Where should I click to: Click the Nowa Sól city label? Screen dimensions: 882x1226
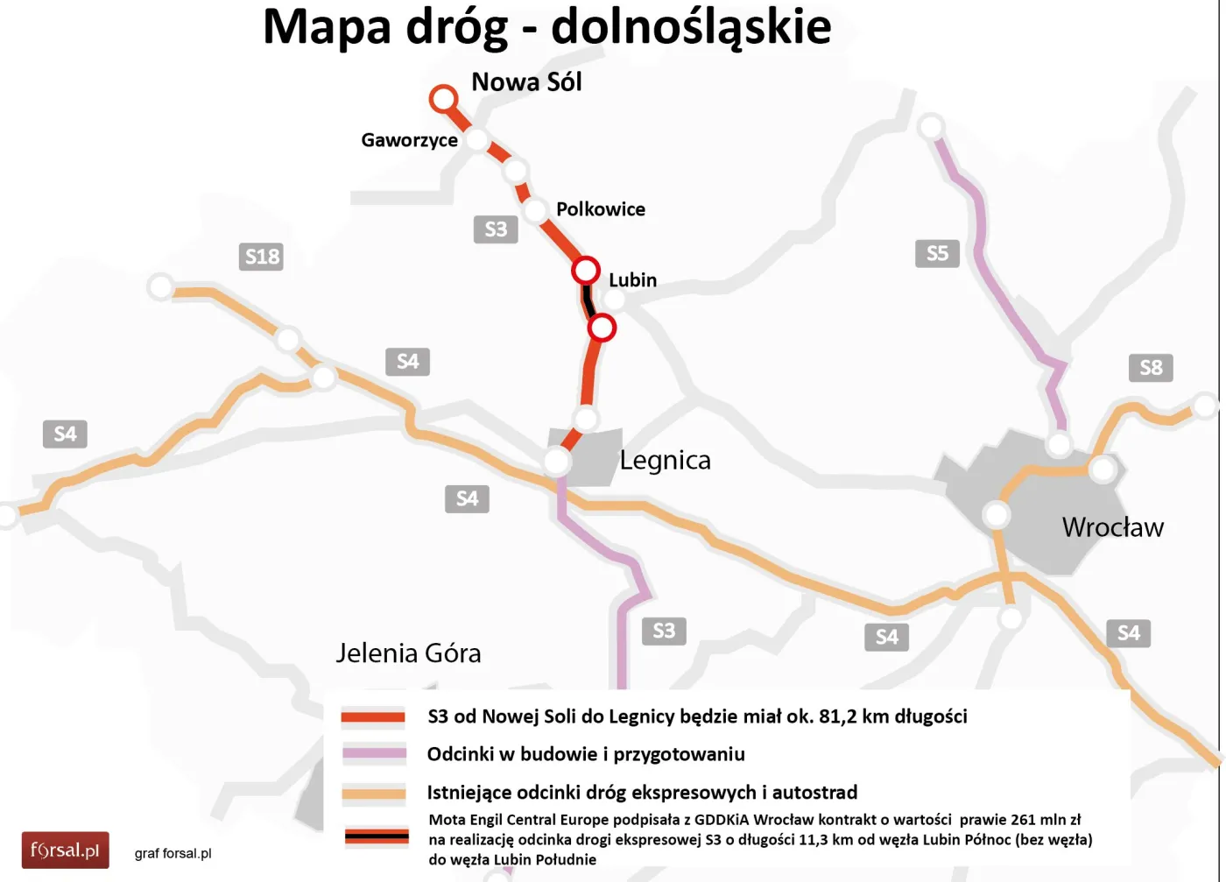[526, 82]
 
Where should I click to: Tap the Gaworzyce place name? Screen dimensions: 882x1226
[409, 140]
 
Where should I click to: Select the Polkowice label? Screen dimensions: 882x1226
[600, 209]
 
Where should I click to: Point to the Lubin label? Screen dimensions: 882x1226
[632, 280]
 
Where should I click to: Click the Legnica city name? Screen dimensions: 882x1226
[665, 461]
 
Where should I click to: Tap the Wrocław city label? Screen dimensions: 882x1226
[1112, 527]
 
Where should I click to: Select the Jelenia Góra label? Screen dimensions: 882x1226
[408, 653]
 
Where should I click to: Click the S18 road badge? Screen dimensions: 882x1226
[262, 257]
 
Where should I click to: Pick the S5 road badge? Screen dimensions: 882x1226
[937, 253]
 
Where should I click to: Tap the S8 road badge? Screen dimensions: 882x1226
[1151, 368]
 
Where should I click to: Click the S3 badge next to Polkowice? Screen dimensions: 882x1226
[496, 229]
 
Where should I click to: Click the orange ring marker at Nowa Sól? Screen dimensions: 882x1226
[444, 98]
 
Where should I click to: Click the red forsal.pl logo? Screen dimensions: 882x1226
[65, 850]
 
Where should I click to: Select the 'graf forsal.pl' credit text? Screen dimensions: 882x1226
[173, 853]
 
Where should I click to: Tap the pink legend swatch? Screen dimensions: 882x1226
[374, 753]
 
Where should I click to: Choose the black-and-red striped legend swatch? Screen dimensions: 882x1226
[377, 837]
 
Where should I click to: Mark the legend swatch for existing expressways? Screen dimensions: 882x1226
[374, 794]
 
